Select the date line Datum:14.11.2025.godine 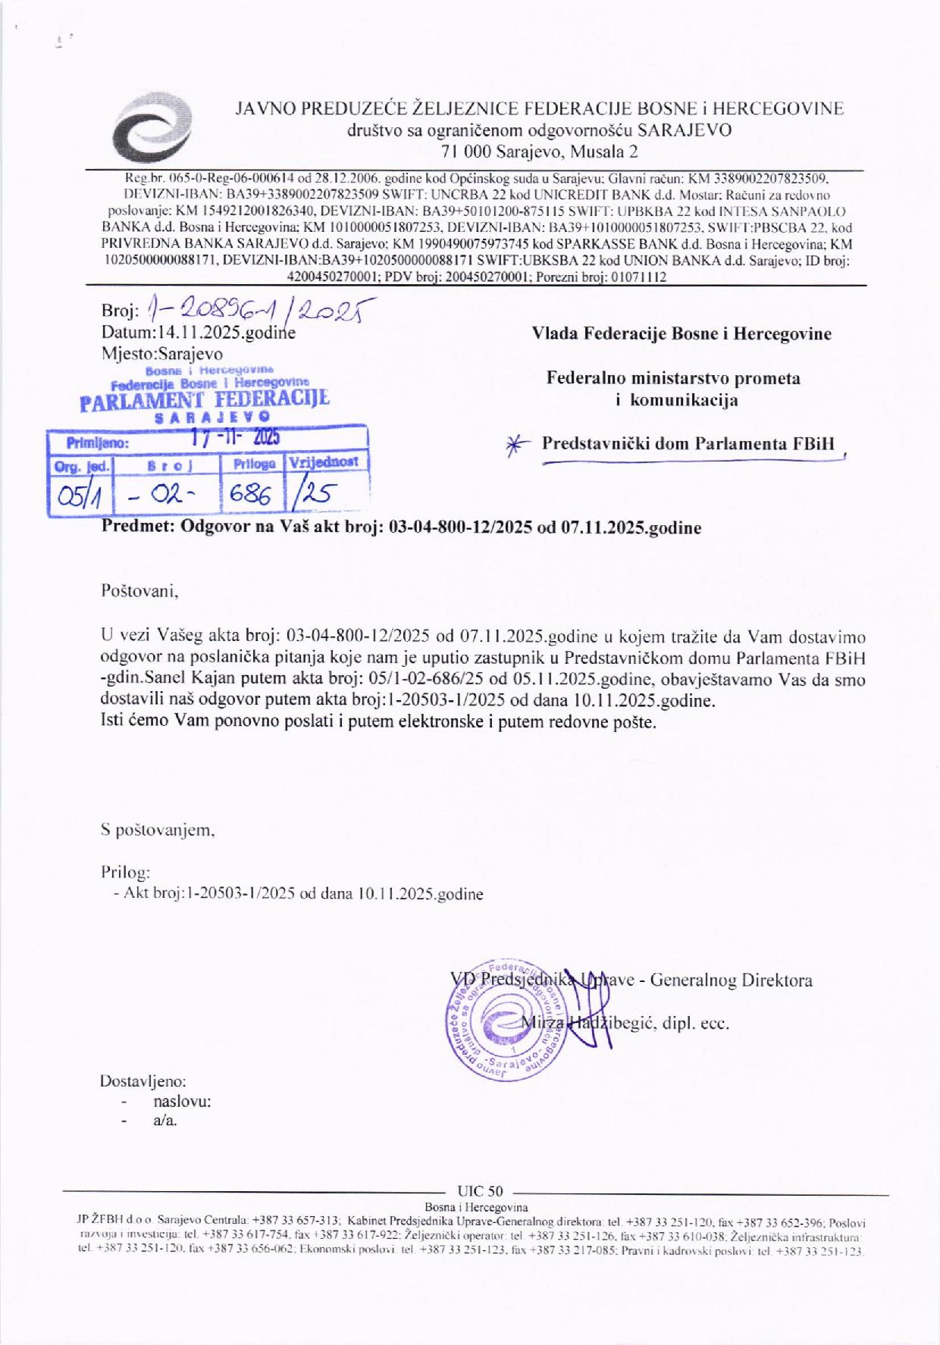coord(198,333)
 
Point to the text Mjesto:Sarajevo coord(162,353)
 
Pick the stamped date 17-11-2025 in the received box coord(235,438)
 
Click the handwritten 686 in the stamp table coord(250,496)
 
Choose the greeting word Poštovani coord(139,590)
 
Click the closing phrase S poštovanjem coord(158,830)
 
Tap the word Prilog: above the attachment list coord(126,872)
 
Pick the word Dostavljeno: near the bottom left coord(143,1081)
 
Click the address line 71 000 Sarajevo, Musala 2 coord(539,151)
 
